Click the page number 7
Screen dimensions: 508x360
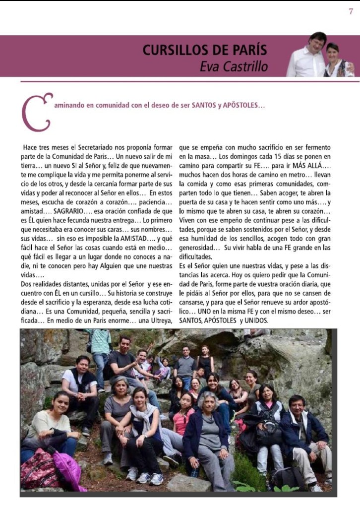(x=351, y=12)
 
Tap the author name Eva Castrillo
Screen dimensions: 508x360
(x=234, y=66)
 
